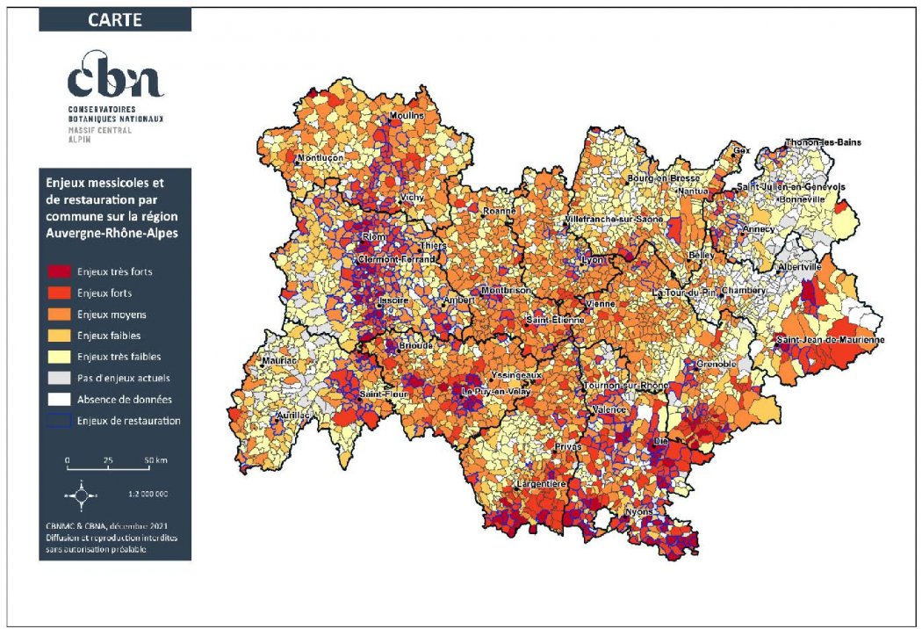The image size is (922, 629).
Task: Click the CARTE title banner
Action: (x=115, y=19)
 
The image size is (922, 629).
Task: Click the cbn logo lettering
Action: (x=115, y=77)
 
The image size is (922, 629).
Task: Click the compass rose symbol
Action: (x=81, y=495)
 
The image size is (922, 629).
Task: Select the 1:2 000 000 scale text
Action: (x=147, y=494)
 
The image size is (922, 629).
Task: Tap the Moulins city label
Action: (x=406, y=116)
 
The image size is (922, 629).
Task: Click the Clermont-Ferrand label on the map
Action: (x=396, y=261)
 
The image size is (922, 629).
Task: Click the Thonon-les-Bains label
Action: (x=823, y=142)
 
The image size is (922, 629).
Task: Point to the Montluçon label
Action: (x=321, y=159)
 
